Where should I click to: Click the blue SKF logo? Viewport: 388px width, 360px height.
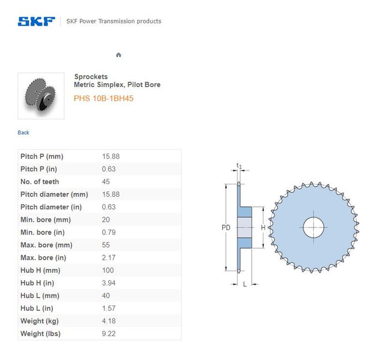(x=37, y=21)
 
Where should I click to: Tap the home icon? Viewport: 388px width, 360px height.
(x=119, y=55)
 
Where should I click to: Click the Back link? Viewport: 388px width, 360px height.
(x=23, y=133)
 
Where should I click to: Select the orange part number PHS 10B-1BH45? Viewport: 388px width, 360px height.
(x=104, y=98)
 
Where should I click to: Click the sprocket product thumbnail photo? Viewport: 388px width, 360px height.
(x=41, y=96)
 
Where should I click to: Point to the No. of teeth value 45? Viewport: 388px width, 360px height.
(x=106, y=181)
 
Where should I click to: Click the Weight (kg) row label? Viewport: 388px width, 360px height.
(x=39, y=321)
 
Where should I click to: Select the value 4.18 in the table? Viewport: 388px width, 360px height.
(x=109, y=321)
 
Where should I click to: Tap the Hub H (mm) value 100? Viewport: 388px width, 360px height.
(x=108, y=270)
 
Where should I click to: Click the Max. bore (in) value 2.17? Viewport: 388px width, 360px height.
(x=109, y=257)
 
